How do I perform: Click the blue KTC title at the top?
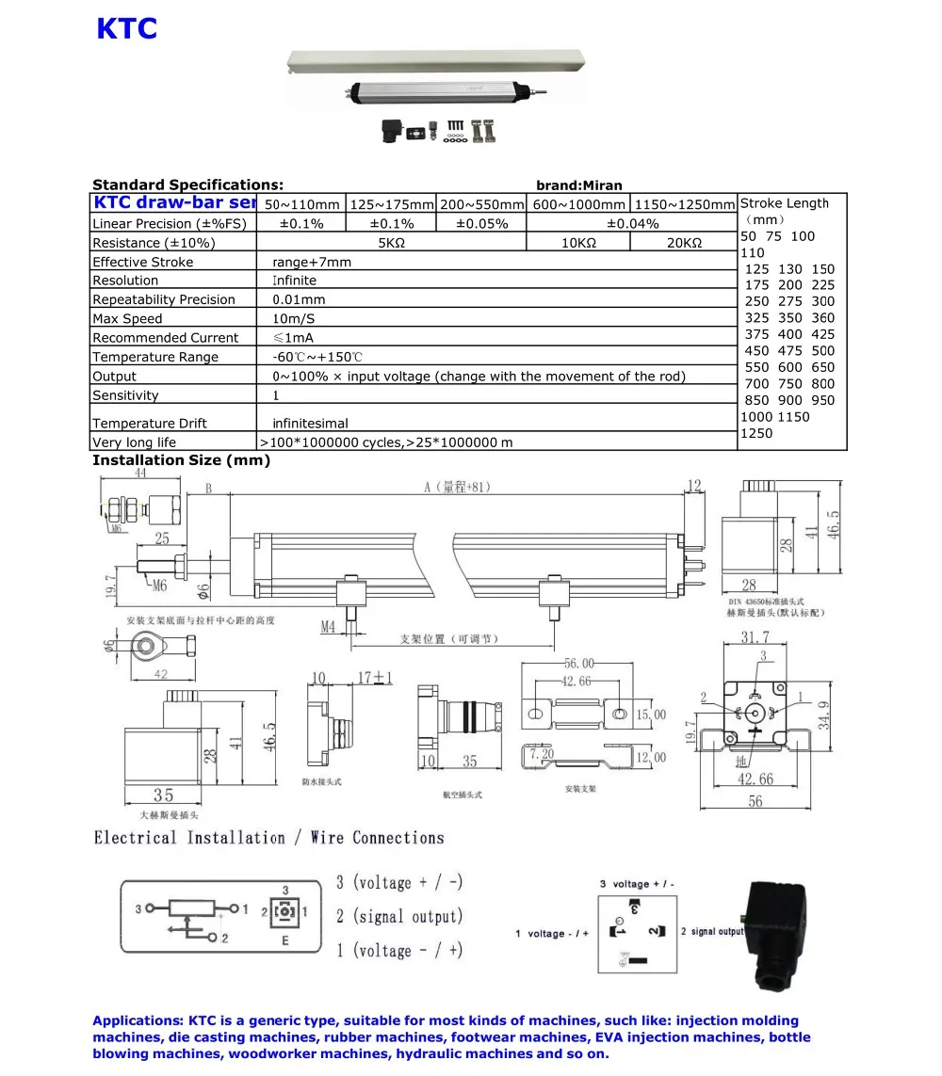tap(126, 29)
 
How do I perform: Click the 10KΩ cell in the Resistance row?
tap(577, 243)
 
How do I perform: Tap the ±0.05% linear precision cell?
tap(481, 224)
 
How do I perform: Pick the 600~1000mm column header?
tap(578, 204)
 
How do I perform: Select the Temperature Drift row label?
tap(150, 424)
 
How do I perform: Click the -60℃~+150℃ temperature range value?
tap(317, 358)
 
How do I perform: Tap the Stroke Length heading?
tap(784, 203)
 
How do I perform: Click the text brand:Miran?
tap(578, 185)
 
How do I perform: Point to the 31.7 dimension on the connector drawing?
tap(755, 638)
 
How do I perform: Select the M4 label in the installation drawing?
tap(328, 626)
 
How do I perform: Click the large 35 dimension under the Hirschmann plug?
tap(163, 795)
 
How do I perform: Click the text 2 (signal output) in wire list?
tap(399, 917)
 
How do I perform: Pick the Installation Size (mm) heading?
tap(181, 460)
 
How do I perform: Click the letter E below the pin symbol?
tap(285, 940)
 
